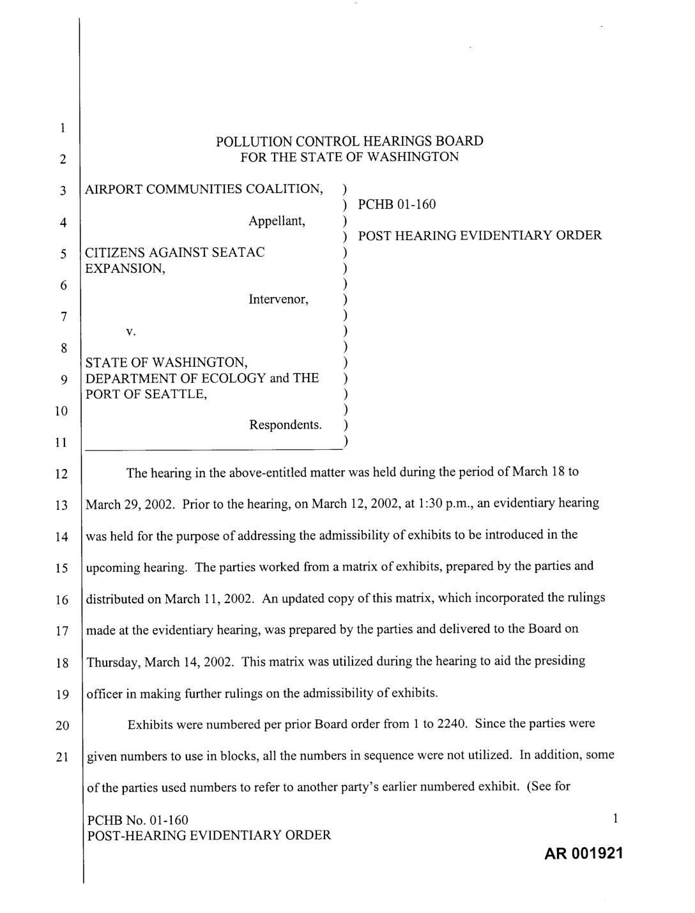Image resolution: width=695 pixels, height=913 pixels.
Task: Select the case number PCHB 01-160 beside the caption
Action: (397, 204)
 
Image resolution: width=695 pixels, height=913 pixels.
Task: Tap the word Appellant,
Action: (277, 221)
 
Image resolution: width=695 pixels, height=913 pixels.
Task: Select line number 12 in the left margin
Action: (61, 474)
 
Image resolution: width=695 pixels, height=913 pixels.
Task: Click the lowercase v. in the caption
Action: (130, 332)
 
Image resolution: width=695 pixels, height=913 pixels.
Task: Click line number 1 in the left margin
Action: (62, 128)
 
